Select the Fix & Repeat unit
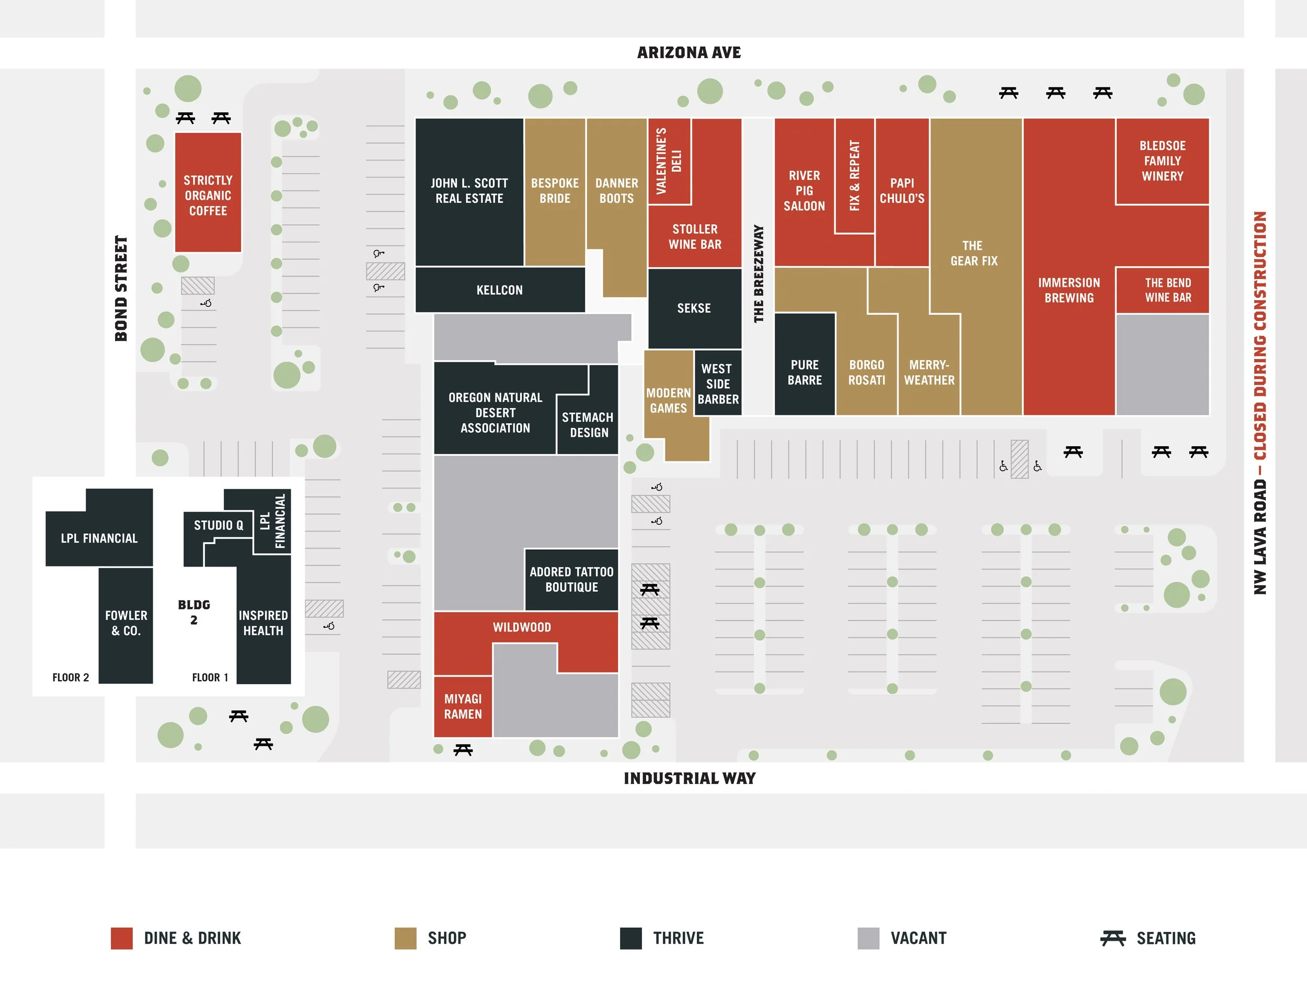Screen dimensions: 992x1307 click(x=854, y=176)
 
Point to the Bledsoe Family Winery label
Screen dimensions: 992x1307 click(x=1162, y=160)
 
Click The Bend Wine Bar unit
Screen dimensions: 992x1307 click(x=1162, y=290)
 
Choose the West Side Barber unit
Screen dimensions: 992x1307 click(x=717, y=384)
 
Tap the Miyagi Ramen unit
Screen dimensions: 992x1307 click(x=463, y=707)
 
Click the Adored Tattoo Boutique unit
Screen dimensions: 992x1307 click(x=571, y=580)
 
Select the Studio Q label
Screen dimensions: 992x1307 click(x=218, y=525)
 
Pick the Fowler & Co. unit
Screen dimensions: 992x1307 click(x=126, y=624)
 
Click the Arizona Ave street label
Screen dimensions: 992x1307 click(x=689, y=53)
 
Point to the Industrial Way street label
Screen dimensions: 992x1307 click(x=690, y=778)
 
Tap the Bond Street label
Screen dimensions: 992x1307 click(x=121, y=289)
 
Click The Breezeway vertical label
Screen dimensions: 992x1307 click(x=759, y=273)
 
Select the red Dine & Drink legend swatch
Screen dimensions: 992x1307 click(x=122, y=938)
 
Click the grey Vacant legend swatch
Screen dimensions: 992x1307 click(x=868, y=938)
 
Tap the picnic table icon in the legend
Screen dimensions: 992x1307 click(x=1113, y=938)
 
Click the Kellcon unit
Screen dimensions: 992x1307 click(x=499, y=290)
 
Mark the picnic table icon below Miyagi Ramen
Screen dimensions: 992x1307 click(x=463, y=750)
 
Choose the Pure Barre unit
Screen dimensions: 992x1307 click(x=804, y=372)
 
